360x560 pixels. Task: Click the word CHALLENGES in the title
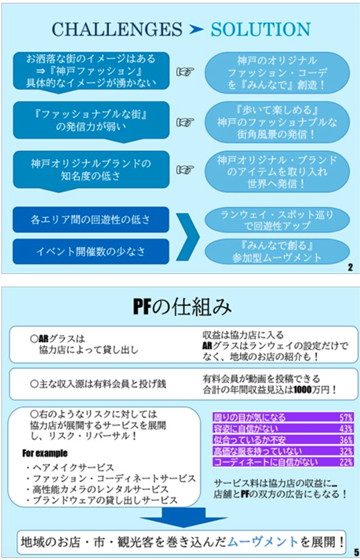117,29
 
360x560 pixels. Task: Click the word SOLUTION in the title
260,29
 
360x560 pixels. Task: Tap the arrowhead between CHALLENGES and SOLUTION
196,30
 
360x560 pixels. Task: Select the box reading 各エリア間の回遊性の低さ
91,220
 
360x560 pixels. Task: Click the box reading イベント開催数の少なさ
91,251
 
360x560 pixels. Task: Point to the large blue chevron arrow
189,237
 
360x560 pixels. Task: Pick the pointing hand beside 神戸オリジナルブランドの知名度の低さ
185,169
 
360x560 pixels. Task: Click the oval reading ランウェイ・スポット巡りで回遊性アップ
277,220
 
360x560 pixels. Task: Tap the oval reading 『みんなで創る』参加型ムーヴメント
277,251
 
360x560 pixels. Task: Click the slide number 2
350,267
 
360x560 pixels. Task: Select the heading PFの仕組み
182,307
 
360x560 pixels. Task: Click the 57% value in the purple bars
346,417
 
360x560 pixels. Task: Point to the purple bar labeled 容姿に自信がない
283,429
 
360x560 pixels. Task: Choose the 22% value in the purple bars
346,461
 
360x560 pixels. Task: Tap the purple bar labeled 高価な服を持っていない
283,451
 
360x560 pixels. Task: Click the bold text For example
44,453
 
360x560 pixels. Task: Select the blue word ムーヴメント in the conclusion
262,542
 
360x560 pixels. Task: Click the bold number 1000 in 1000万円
302,390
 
